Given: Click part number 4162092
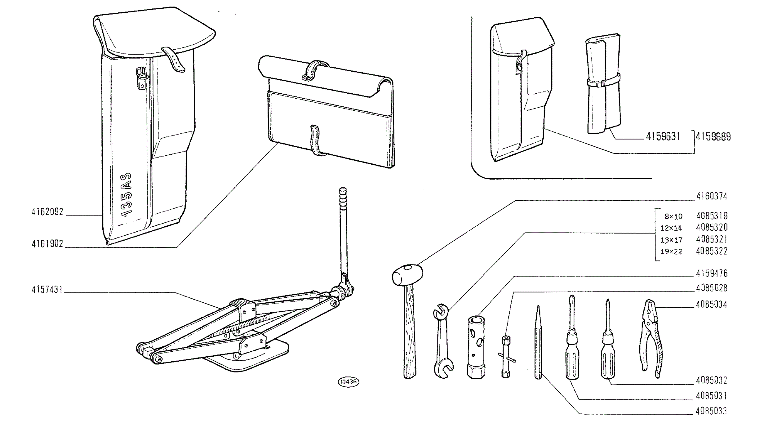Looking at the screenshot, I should coord(47,212).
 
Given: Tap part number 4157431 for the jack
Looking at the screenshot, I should coord(47,290).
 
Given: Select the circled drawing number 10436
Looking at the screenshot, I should coord(348,381).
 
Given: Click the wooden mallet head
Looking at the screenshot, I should coord(407,275).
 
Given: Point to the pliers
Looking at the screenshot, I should coord(651,338).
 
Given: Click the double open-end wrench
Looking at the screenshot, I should coord(442,341).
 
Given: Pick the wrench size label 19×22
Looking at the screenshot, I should coord(671,252).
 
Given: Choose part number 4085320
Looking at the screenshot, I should coord(712,228).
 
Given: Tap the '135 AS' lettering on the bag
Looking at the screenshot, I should coord(127,195).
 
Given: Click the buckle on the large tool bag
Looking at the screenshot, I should coord(141,78).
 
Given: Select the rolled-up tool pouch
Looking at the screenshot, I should coord(603,84).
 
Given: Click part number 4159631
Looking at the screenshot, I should coord(663,136).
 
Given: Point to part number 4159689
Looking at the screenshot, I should coord(713,137).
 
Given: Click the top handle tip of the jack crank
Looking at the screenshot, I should coord(343,190).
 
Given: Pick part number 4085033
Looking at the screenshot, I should coord(711,411).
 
